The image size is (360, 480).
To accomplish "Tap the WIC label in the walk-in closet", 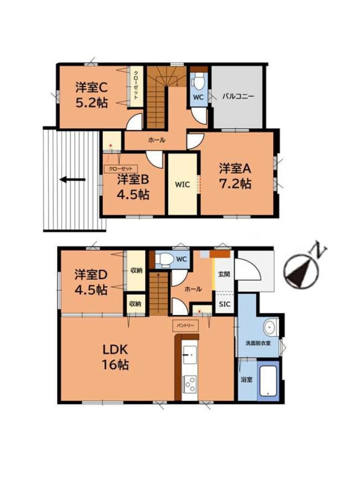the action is tap(182, 185).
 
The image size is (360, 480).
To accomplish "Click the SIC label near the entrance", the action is tap(224, 304).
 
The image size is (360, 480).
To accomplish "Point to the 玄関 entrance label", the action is tap(224, 274).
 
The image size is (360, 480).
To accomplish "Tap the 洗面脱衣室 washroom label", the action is tap(258, 343).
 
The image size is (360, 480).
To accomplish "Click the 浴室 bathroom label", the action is tap(247, 380).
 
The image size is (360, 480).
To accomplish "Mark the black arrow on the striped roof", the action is tap(72, 180).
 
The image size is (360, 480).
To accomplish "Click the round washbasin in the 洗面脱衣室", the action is tap(270, 327).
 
